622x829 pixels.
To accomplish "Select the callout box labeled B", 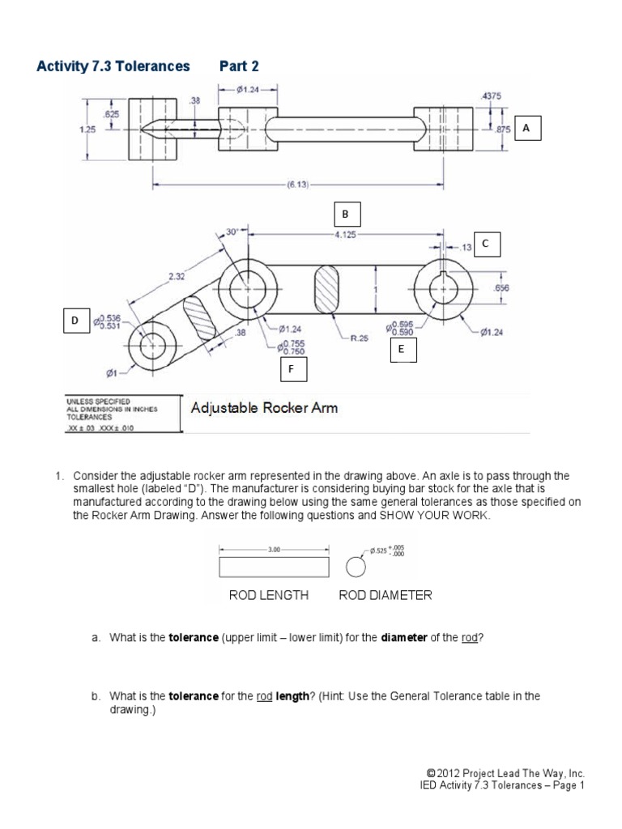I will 345,215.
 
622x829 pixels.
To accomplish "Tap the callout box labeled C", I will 486,243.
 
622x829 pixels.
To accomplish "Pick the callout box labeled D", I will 75,321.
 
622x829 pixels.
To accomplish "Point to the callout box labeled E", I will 400,350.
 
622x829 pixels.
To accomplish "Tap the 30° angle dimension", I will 232,232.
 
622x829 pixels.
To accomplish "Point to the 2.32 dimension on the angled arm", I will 176,276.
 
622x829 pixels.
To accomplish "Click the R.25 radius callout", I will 359,338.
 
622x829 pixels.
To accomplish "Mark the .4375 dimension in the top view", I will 492,96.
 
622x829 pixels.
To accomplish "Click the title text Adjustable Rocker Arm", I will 264,408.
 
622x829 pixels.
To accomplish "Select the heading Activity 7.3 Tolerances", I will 113,66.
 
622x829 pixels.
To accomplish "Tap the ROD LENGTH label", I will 269,595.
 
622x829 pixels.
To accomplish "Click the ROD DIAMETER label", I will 386,595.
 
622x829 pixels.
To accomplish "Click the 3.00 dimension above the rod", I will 273,549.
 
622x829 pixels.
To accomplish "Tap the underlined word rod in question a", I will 470,638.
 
